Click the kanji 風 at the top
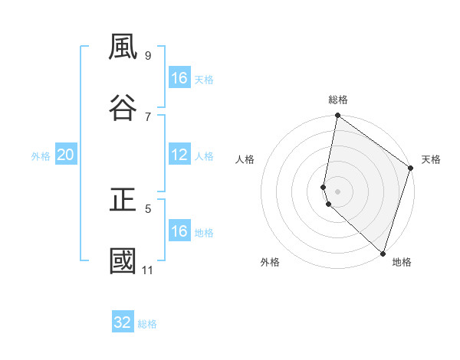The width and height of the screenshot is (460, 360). pyautogui.click(x=123, y=48)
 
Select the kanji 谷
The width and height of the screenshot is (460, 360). pyautogui.click(x=123, y=107)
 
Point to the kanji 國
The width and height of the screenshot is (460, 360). pyautogui.click(x=123, y=260)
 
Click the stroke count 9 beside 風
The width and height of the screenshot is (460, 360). pyautogui.click(x=147, y=55)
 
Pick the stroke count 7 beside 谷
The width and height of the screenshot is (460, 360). pyautogui.click(x=147, y=116)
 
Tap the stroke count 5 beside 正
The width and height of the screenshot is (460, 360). pyautogui.click(x=147, y=208)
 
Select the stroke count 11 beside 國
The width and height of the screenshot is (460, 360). pyautogui.click(x=148, y=270)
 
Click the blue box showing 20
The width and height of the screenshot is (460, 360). pyautogui.click(x=66, y=155)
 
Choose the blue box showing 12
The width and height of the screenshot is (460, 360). pyautogui.click(x=179, y=155)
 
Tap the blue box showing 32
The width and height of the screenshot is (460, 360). pyautogui.click(x=123, y=322)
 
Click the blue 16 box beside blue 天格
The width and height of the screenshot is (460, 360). pyautogui.click(x=179, y=78)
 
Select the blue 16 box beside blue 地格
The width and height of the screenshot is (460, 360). pyautogui.click(x=179, y=231)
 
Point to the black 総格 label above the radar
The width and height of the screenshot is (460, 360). pyautogui.click(x=338, y=100)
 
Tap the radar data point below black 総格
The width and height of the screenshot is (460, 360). pyautogui.click(x=337, y=116)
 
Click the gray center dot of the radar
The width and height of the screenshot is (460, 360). pyautogui.click(x=337, y=191)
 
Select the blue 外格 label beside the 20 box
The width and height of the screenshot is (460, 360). pyautogui.click(x=41, y=156)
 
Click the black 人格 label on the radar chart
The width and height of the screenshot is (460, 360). pyautogui.click(x=245, y=159)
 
